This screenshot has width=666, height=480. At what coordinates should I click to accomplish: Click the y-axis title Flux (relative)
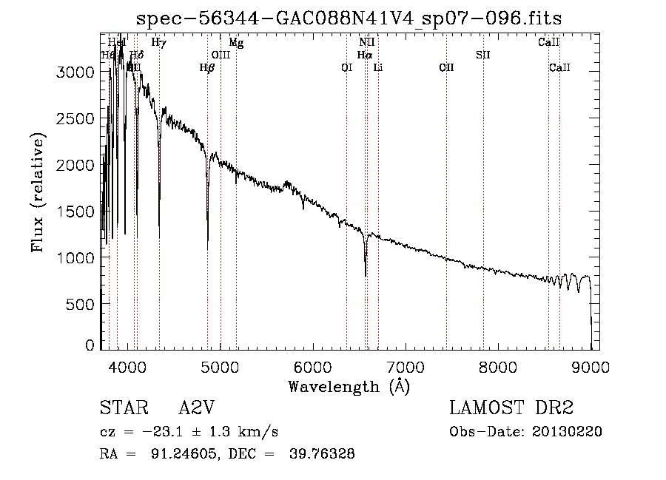click(37, 192)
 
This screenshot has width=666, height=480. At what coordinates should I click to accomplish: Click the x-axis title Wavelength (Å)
click(349, 386)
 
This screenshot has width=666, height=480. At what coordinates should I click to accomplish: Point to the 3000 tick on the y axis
click(76, 72)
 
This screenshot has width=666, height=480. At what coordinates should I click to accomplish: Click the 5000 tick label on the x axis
click(220, 366)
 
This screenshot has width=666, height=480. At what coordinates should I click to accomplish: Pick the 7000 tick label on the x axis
click(405, 366)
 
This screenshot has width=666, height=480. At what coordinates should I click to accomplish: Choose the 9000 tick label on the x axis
click(590, 366)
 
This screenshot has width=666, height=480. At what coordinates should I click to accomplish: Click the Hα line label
click(364, 55)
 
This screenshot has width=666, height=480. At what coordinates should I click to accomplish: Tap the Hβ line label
click(207, 68)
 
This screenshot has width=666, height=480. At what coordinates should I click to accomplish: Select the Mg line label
click(236, 43)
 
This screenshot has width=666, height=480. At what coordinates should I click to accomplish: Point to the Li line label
click(378, 68)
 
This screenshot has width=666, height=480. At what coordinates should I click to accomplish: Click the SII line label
click(483, 55)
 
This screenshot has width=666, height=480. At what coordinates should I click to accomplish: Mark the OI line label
click(346, 68)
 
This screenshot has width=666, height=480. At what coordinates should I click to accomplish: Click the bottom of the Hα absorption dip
click(366, 275)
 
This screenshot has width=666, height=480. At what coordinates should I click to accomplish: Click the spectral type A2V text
click(196, 409)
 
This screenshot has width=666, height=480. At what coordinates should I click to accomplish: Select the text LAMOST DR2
click(511, 409)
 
